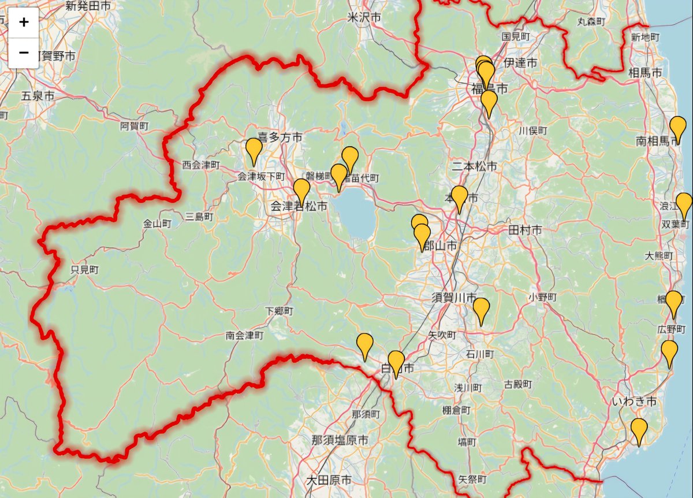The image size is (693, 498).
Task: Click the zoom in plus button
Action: [x=24, y=23]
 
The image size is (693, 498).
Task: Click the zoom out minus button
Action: [x=24, y=53]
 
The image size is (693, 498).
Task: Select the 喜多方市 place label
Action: [x=280, y=137]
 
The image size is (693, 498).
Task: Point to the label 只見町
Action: [x=84, y=270]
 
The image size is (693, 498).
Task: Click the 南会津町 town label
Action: [x=245, y=335]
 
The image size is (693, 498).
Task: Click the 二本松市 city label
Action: [x=474, y=166]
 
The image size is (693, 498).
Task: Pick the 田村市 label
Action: [x=525, y=230]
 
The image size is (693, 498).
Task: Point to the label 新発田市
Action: [x=89, y=6]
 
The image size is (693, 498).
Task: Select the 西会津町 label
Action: [x=201, y=165]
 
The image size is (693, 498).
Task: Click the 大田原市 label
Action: [x=329, y=480]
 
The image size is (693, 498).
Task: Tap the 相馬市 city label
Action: [x=646, y=73]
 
